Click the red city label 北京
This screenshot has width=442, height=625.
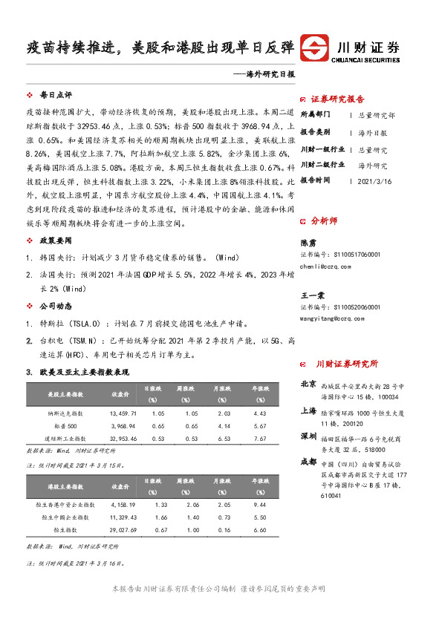(x=308, y=385)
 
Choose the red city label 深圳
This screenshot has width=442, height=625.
(x=308, y=435)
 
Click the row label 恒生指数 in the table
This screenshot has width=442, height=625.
(x=65, y=531)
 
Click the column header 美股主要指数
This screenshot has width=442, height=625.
(x=65, y=393)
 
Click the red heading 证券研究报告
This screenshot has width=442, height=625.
(x=337, y=99)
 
